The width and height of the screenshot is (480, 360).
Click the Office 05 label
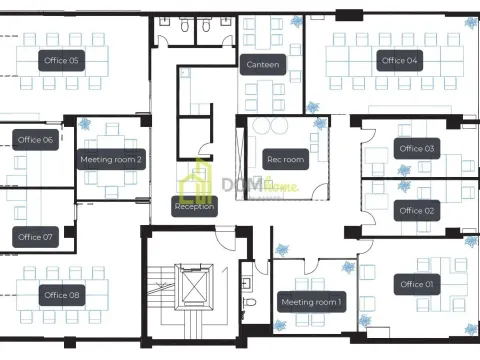click(x=61, y=60)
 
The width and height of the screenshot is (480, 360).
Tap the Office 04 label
click(x=399, y=60)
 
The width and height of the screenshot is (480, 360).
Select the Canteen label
click(x=263, y=65)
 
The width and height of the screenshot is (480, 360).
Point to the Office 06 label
click(x=36, y=140)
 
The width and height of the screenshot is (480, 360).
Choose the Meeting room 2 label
click(x=111, y=159)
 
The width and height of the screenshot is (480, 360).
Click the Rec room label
click(x=285, y=159)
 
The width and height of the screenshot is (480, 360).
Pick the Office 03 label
click(x=417, y=149)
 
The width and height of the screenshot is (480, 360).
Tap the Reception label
click(x=194, y=207)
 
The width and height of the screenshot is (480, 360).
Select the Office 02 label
click(x=417, y=211)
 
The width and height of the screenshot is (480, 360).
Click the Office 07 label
click(x=35, y=237)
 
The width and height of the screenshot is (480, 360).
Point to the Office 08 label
click(x=61, y=295)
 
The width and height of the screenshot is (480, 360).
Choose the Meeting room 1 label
click(x=312, y=301)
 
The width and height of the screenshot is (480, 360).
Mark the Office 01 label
click(x=417, y=284)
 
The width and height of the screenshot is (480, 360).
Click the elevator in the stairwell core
click(x=191, y=288)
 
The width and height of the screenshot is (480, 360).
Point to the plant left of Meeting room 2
click(x=84, y=125)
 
